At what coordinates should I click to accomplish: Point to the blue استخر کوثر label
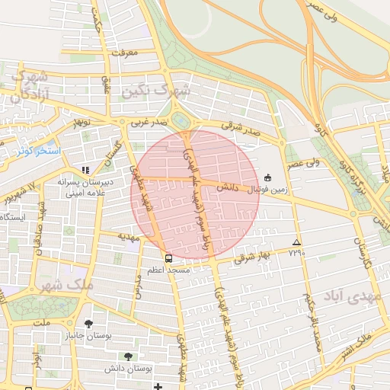pyautogui.click(x=37, y=149)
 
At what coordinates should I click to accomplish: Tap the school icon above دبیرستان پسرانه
pyautogui.click(x=85, y=170)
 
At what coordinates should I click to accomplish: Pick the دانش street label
pyautogui.click(x=227, y=186)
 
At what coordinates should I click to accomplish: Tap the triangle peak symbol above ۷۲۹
pyautogui.click(x=296, y=242)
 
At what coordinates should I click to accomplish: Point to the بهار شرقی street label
pyautogui.click(x=253, y=257)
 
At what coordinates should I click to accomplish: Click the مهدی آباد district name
pyautogui.click(x=350, y=296)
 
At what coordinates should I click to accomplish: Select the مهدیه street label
pyautogui.click(x=127, y=237)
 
